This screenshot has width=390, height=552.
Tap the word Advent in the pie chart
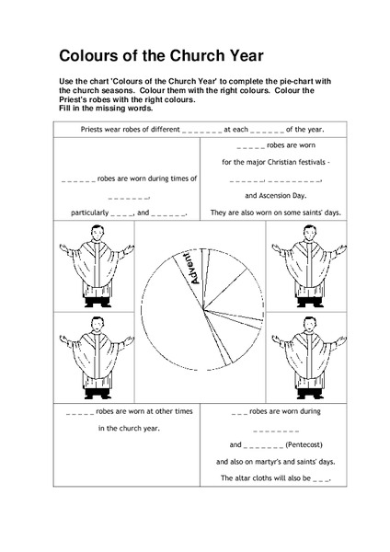pyautogui.click(x=192, y=269)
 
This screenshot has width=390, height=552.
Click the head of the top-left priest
pyautogui.click(x=97, y=233)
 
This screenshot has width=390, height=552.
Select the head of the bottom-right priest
pyautogui.click(x=309, y=324)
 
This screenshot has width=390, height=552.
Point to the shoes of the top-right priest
pyautogui.click(x=309, y=304)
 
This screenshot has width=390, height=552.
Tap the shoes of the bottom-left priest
pyautogui.click(x=97, y=396)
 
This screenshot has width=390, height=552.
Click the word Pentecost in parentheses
pyautogui.click(x=304, y=444)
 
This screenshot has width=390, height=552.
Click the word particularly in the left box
pyautogui.click(x=89, y=213)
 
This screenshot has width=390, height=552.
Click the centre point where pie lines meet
pyautogui.click(x=203, y=310)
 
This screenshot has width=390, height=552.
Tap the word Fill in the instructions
pyautogui.click(x=64, y=108)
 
